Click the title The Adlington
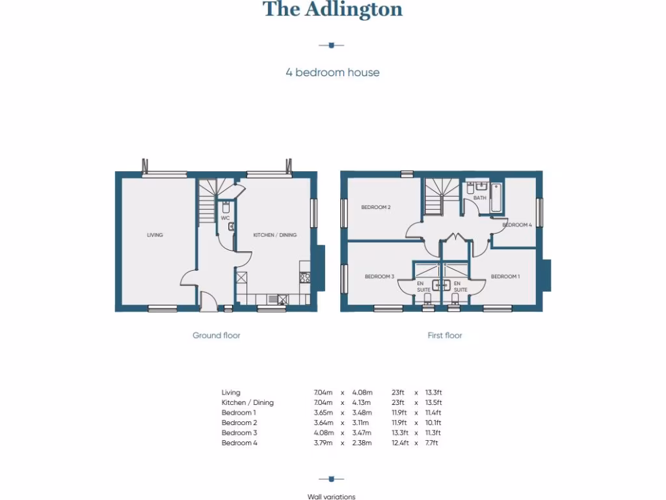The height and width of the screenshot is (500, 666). coord(332,10)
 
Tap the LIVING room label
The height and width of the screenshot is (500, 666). coord(155,235)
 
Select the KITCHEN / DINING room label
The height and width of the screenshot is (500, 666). coord(274,235)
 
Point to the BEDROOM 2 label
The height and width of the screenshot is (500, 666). coord(376,208)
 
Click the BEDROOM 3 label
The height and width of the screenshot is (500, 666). coord(379,277)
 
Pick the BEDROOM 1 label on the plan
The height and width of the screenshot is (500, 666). coord(505,277)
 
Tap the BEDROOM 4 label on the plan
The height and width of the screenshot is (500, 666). coord(517,225)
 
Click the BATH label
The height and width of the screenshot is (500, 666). coord(479,198)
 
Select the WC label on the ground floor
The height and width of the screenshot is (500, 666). coord(225,218)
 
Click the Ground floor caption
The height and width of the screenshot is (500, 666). coord(217,335)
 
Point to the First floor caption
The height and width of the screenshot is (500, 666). coord(445,335)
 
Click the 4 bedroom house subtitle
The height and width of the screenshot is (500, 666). coord(332,72)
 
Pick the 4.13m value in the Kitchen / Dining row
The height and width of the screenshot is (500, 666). coord(362,402)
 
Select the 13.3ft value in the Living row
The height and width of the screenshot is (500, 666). coord(433,393)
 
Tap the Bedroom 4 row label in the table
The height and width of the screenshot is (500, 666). coord(239,443)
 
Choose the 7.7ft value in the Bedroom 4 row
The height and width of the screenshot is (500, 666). coord(432,443)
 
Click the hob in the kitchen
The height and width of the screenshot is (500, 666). coord(304,277)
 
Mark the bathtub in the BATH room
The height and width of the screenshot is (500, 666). coord(496,198)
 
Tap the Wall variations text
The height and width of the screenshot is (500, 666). coord(332,497)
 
